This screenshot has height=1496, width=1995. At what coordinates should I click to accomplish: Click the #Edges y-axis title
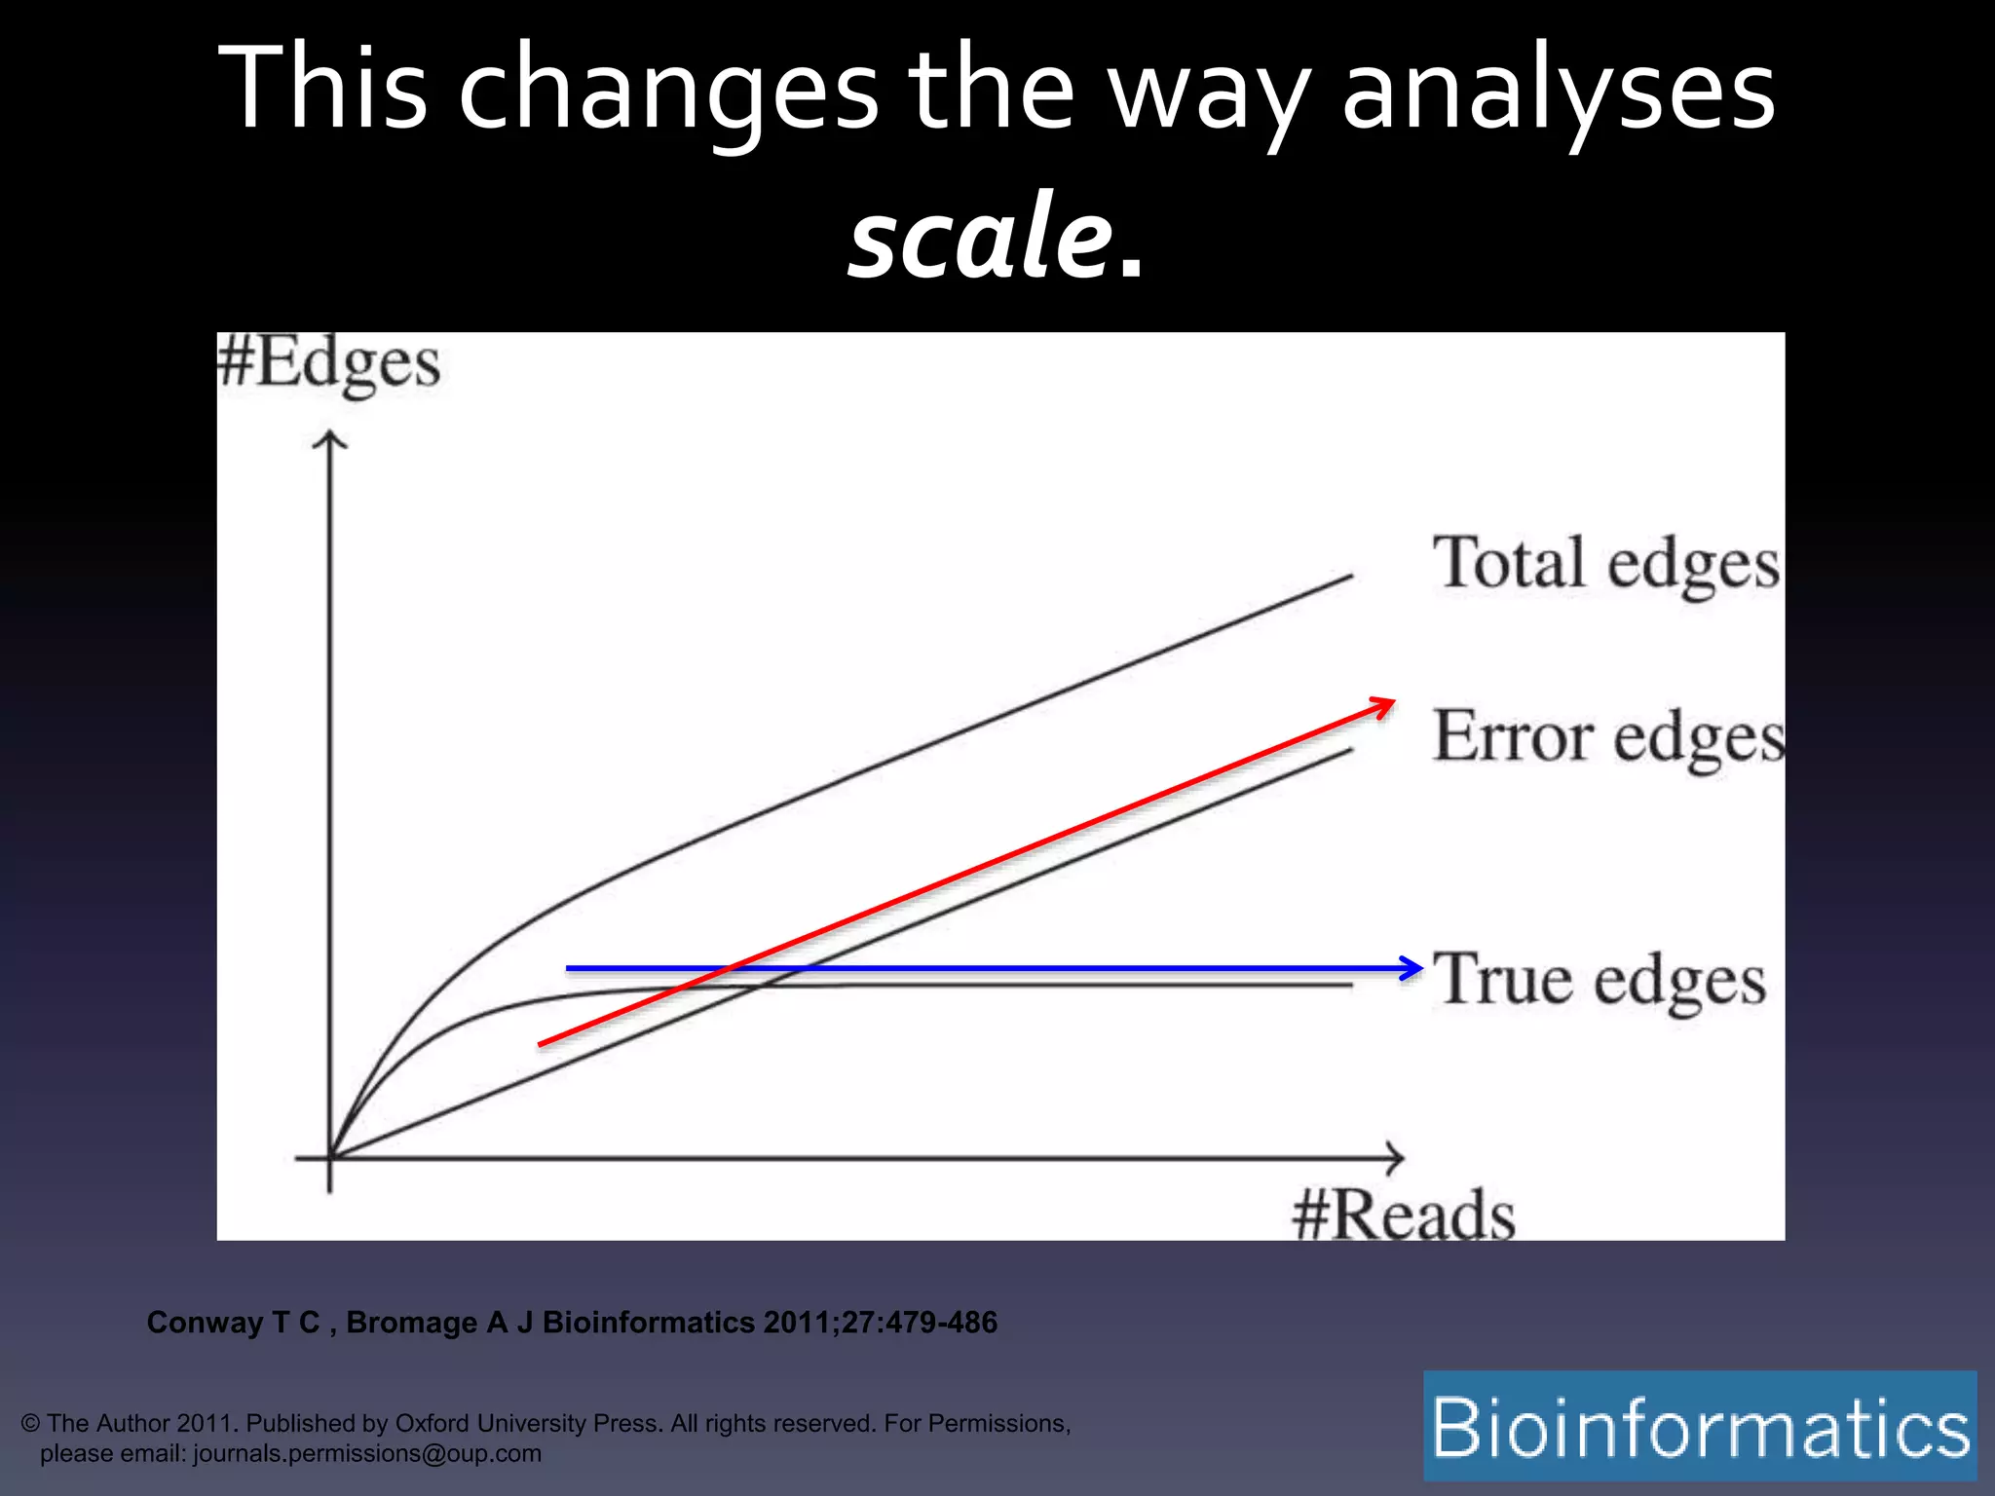[329, 363]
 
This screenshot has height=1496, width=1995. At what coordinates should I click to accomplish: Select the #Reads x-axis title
[1404, 1215]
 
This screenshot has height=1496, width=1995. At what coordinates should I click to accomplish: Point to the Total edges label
[1605, 564]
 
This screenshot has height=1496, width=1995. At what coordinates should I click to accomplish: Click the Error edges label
[1608, 737]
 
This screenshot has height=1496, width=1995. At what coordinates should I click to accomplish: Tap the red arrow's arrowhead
[1387, 703]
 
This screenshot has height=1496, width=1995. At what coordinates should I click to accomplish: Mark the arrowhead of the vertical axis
[330, 439]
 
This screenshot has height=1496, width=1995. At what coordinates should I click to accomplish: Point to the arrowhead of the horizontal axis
[1397, 1158]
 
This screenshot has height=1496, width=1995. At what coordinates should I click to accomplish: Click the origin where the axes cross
[330, 1158]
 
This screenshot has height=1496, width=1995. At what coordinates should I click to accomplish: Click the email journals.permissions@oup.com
[367, 1453]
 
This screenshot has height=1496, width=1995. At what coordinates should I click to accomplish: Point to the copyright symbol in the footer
[30, 1424]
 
